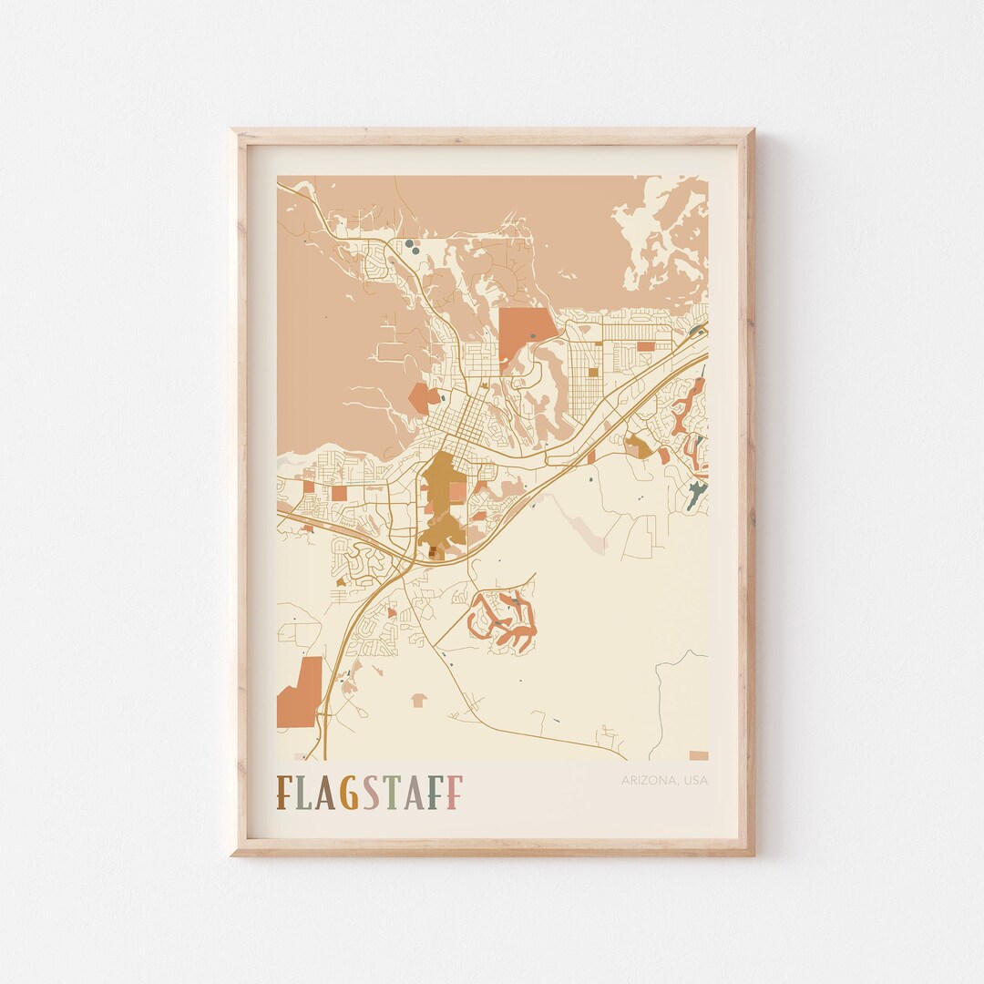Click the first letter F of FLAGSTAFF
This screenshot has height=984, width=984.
pyautogui.click(x=285, y=793)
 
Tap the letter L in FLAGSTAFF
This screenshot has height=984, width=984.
pyautogui.click(x=305, y=793)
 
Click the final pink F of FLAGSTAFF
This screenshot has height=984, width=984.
pyautogui.click(x=453, y=793)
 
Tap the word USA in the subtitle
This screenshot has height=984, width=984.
pyautogui.click(x=694, y=781)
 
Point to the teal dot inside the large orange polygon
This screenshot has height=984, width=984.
pyautogui.click(x=532, y=336)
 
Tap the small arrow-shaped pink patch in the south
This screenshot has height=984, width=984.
pyautogui.click(x=419, y=700)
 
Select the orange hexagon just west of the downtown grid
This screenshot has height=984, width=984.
pyautogui.click(x=422, y=397)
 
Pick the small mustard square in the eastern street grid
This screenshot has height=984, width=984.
pyautogui.click(x=593, y=371)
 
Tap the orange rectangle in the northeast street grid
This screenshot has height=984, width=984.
pyautogui.click(x=645, y=346)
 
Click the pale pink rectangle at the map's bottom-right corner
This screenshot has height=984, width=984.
pyautogui.click(x=698, y=755)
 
